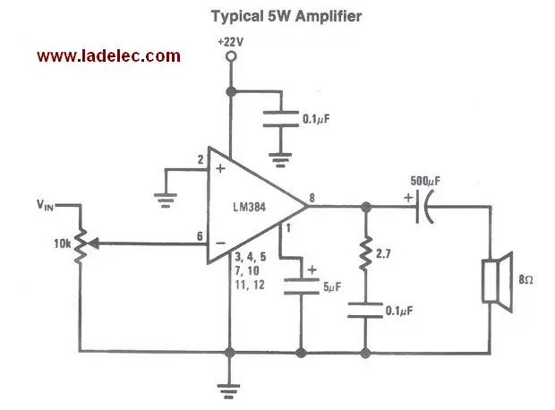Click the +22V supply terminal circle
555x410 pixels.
(x=231, y=56)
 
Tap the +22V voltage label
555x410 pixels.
(x=231, y=42)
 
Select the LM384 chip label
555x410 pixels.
(x=249, y=207)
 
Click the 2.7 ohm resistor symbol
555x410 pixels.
(x=365, y=252)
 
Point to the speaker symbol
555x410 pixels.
(x=498, y=282)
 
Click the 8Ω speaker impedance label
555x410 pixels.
(x=525, y=279)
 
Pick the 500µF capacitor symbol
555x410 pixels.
(x=424, y=207)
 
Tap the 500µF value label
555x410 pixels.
(x=425, y=181)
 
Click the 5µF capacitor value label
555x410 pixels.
(x=332, y=286)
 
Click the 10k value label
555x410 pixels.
(x=63, y=244)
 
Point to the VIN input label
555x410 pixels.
(x=45, y=205)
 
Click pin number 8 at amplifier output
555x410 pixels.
(x=312, y=198)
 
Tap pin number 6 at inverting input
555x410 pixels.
(x=200, y=235)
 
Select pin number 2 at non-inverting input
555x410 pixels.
(x=201, y=159)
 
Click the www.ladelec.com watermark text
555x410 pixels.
(x=108, y=56)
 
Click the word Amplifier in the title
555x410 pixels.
(x=329, y=16)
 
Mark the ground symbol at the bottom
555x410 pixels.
(x=229, y=391)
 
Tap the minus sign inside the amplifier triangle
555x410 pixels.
(x=220, y=243)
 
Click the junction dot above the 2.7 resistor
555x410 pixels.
(x=365, y=207)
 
